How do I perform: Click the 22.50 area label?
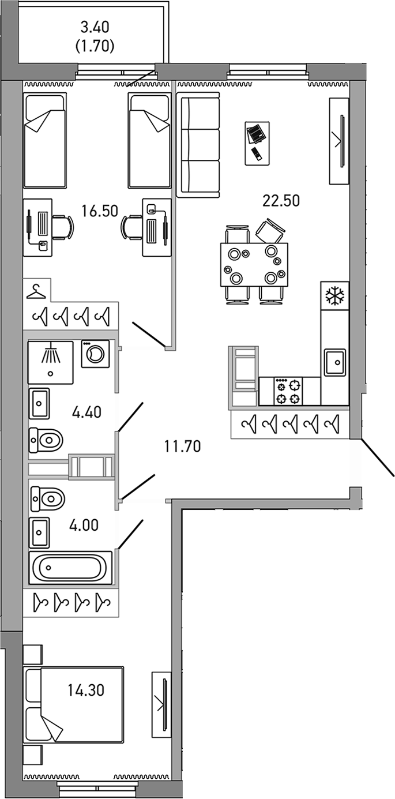pos(281,201)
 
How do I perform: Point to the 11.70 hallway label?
pos(182,445)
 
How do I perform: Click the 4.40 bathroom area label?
pos(86,412)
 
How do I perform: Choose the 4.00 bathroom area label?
pos(84,525)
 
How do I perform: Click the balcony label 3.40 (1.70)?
pos(95,36)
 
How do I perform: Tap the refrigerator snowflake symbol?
pos(334,296)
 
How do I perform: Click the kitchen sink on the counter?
pos(335,362)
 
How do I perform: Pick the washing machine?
pos(95,353)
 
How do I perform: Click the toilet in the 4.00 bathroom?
pos(48,498)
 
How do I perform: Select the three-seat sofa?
pos(199,145)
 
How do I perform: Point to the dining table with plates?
pos(254,265)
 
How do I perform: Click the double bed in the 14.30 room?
pos(74,705)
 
